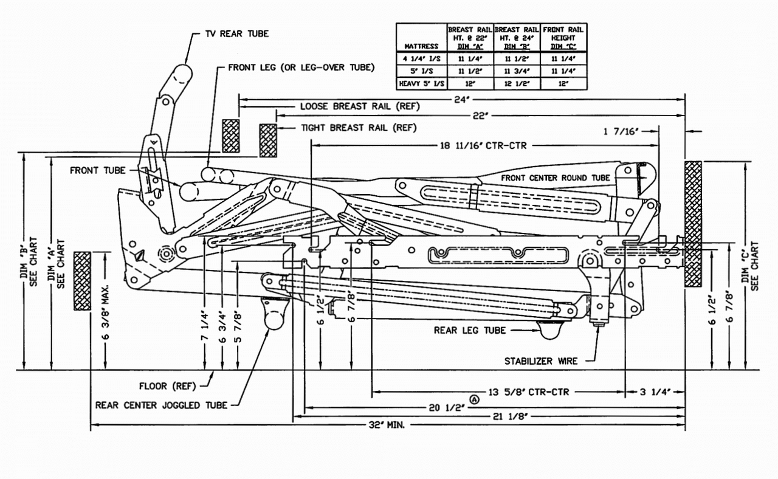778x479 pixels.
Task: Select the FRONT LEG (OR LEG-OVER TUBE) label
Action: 301,67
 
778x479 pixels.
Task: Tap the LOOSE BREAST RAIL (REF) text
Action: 360,106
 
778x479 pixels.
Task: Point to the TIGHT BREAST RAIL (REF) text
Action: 359,128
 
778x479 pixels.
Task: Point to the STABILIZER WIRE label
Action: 540,361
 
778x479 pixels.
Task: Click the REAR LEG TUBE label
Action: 469,331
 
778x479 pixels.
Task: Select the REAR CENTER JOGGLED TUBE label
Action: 161,405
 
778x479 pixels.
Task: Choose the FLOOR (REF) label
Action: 168,386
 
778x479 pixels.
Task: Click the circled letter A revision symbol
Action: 475,399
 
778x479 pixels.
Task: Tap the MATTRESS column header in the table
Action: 421,46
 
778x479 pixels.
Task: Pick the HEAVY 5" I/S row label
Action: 421,83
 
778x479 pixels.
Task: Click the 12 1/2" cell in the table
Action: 517,83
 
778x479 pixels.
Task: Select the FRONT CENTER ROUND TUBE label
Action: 556,178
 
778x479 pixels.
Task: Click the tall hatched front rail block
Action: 693,224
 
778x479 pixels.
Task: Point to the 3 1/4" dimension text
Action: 655,392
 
